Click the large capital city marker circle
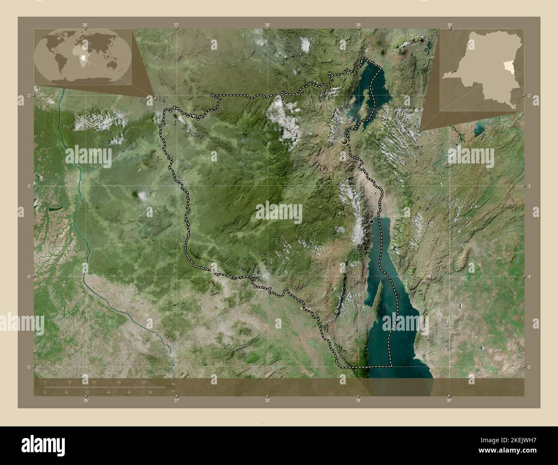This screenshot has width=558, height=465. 344,141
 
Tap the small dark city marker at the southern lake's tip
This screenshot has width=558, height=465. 371,221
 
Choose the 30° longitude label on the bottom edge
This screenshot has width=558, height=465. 449,400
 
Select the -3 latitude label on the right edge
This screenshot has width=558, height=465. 529,186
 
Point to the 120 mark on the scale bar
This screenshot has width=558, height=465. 143,382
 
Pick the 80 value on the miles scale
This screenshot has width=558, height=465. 150,392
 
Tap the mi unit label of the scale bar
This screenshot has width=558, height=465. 173,391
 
